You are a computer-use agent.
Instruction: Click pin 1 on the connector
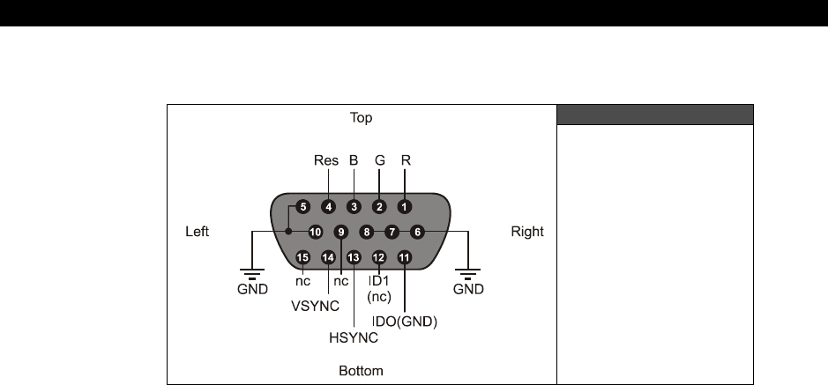(x=404, y=207)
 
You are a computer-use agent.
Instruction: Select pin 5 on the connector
(x=303, y=207)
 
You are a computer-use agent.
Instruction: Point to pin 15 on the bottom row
(x=303, y=257)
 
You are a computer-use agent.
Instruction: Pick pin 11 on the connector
(x=405, y=257)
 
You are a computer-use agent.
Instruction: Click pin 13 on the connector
(x=354, y=257)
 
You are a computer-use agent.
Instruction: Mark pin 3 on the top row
(x=354, y=207)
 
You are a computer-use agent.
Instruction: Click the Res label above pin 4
(x=326, y=161)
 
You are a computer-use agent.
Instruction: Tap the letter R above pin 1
(x=407, y=161)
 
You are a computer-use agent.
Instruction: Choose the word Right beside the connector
(x=528, y=233)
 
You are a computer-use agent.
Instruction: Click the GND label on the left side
(x=254, y=288)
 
